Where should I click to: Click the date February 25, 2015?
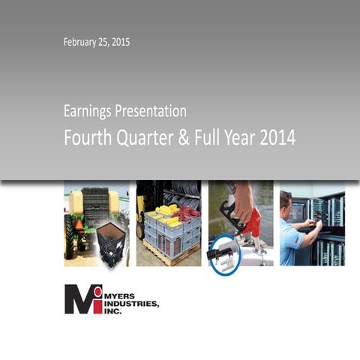97,43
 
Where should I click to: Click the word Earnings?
88,112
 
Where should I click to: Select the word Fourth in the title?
86,138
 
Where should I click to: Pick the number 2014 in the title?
274,138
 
